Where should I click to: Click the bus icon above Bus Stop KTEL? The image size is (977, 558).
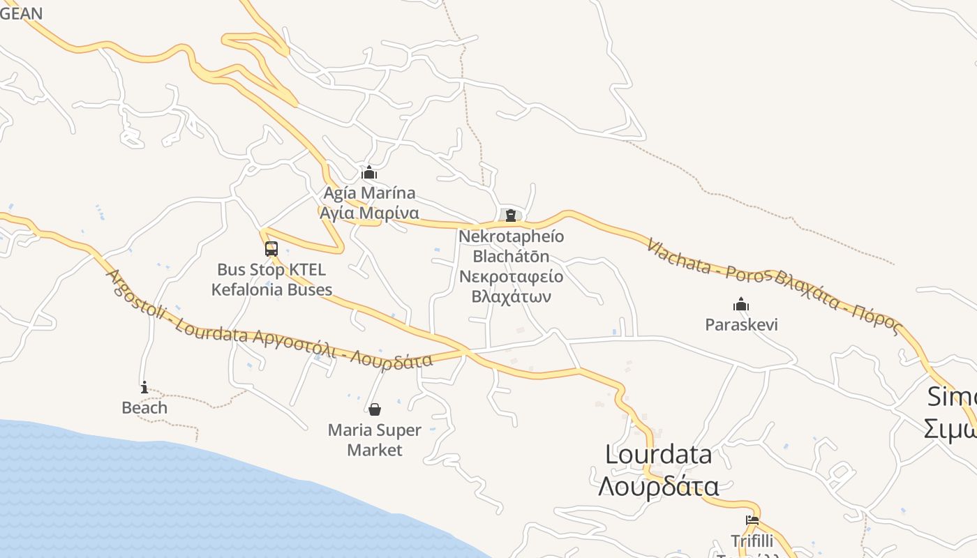click(271, 249)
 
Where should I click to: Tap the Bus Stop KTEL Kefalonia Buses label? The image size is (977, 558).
click(271, 279)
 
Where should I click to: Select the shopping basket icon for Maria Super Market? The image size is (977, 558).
click(375, 409)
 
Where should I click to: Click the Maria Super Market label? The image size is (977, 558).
click(375, 439)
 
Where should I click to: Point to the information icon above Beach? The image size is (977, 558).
click(144, 387)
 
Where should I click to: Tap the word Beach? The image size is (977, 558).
click(144, 407)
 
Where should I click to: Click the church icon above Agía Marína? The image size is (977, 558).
click(369, 173)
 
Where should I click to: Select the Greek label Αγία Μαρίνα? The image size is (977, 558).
click(369, 213)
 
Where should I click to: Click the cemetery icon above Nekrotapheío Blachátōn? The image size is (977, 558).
click(511, 216)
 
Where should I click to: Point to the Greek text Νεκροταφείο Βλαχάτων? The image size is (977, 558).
click(512, 287)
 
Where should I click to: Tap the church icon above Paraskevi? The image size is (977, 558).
click(741, 304)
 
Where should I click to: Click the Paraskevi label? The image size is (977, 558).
click(741, 324)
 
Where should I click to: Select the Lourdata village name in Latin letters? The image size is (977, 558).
click(658, 454)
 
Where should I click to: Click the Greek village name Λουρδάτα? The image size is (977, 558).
click(658, 485)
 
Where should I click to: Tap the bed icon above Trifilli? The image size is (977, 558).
click(752, 520)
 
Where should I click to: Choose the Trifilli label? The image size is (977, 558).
click(752, 541)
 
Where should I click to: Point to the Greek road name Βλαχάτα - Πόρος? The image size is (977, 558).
click(836, 299)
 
